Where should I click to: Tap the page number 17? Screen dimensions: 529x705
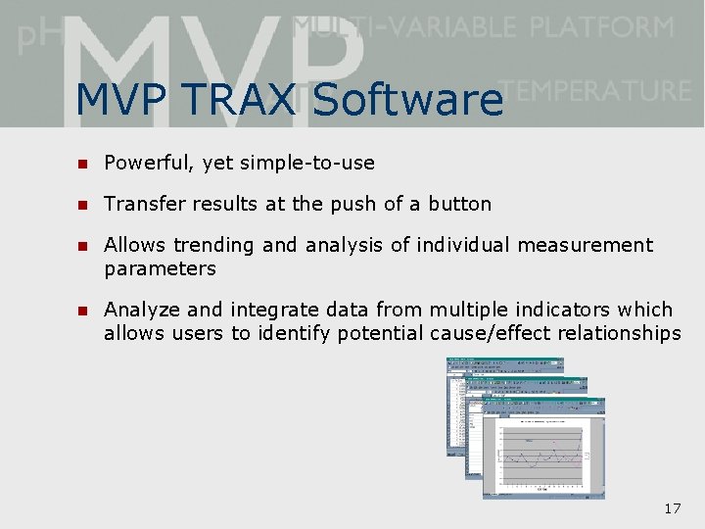tap(672, 508)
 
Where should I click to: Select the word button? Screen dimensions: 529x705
tap(459, 204)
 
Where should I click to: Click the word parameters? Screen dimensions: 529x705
tap(160, 268)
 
